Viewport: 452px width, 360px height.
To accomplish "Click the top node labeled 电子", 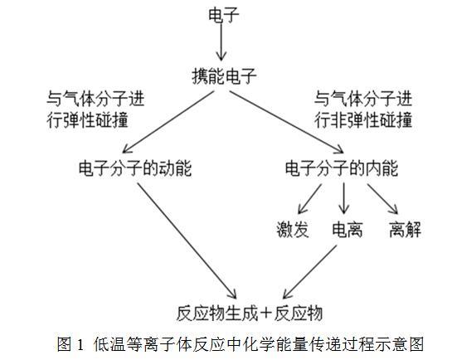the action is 224,15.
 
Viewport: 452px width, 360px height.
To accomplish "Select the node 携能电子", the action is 224,76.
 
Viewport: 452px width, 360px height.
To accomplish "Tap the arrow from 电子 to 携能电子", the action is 221,41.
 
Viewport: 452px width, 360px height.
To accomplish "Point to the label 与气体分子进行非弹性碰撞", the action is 363,109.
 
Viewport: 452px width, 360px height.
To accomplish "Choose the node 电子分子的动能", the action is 135,168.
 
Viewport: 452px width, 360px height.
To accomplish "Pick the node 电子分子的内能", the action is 342,168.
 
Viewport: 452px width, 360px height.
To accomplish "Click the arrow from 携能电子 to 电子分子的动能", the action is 168,122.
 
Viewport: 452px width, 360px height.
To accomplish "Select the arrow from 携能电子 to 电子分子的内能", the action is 286,122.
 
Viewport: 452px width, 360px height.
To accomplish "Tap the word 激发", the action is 293,230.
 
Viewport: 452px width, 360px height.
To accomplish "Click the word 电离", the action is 347,230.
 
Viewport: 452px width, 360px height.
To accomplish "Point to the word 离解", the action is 405,230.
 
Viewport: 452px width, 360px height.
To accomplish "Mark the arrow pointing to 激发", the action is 309,199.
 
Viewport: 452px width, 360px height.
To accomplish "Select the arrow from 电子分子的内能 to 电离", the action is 343,198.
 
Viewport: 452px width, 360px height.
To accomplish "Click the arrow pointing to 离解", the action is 382,199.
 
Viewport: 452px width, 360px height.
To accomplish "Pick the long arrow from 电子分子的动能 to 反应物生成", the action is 187,241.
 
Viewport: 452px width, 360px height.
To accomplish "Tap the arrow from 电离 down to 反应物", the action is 309,272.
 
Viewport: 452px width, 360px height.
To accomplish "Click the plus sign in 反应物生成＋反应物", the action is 265,313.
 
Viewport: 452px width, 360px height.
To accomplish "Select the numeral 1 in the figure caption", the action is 80,344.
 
